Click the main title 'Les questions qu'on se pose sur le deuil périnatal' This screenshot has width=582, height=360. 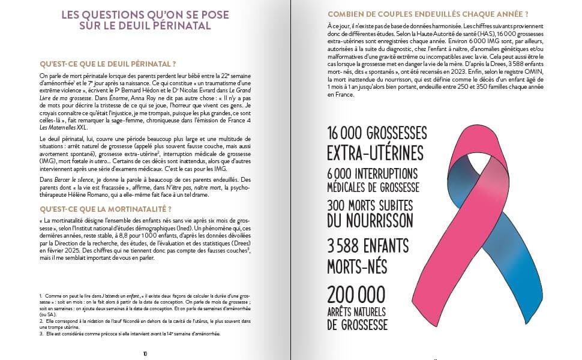(x=145, y=20)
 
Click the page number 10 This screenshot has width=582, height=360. (x=145, y=353)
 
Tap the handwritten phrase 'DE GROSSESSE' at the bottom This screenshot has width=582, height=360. (x=358, y=325)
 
